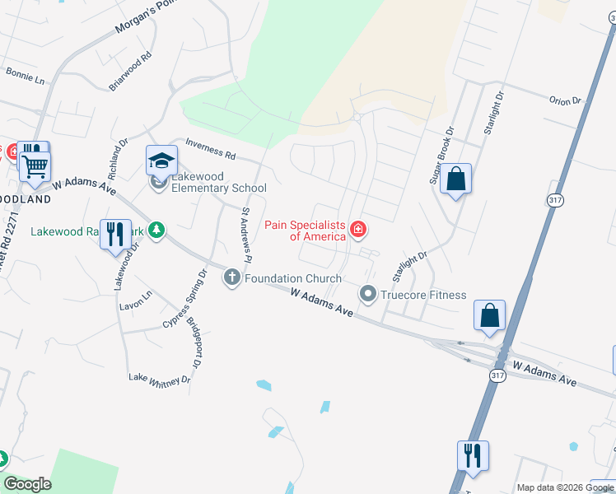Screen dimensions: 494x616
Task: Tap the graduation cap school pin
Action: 162,160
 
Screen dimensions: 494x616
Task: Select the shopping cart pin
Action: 35,165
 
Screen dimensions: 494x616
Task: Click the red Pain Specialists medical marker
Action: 358,229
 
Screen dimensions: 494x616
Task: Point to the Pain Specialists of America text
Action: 305,230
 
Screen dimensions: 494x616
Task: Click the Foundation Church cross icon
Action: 232,278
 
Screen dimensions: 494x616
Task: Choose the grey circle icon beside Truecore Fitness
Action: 368,294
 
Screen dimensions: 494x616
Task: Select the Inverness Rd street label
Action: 211,150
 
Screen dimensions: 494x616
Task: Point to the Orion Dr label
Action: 565,101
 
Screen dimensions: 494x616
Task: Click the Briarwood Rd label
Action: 131,72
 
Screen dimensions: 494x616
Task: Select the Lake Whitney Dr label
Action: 159,379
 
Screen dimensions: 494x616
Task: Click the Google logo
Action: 27,484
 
